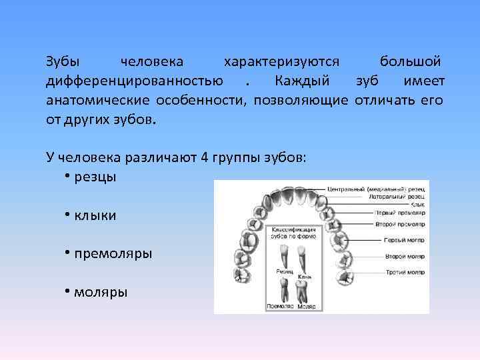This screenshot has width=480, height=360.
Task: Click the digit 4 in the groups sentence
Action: pos(205,158)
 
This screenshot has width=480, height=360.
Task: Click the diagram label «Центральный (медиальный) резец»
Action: pos(377,189)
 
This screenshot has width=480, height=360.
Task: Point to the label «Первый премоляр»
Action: pos(399,213)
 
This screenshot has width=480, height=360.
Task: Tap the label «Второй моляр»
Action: pos(404,256)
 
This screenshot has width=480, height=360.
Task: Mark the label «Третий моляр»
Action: pos(404,272)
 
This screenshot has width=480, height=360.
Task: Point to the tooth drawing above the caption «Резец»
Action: pos(283,256)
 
